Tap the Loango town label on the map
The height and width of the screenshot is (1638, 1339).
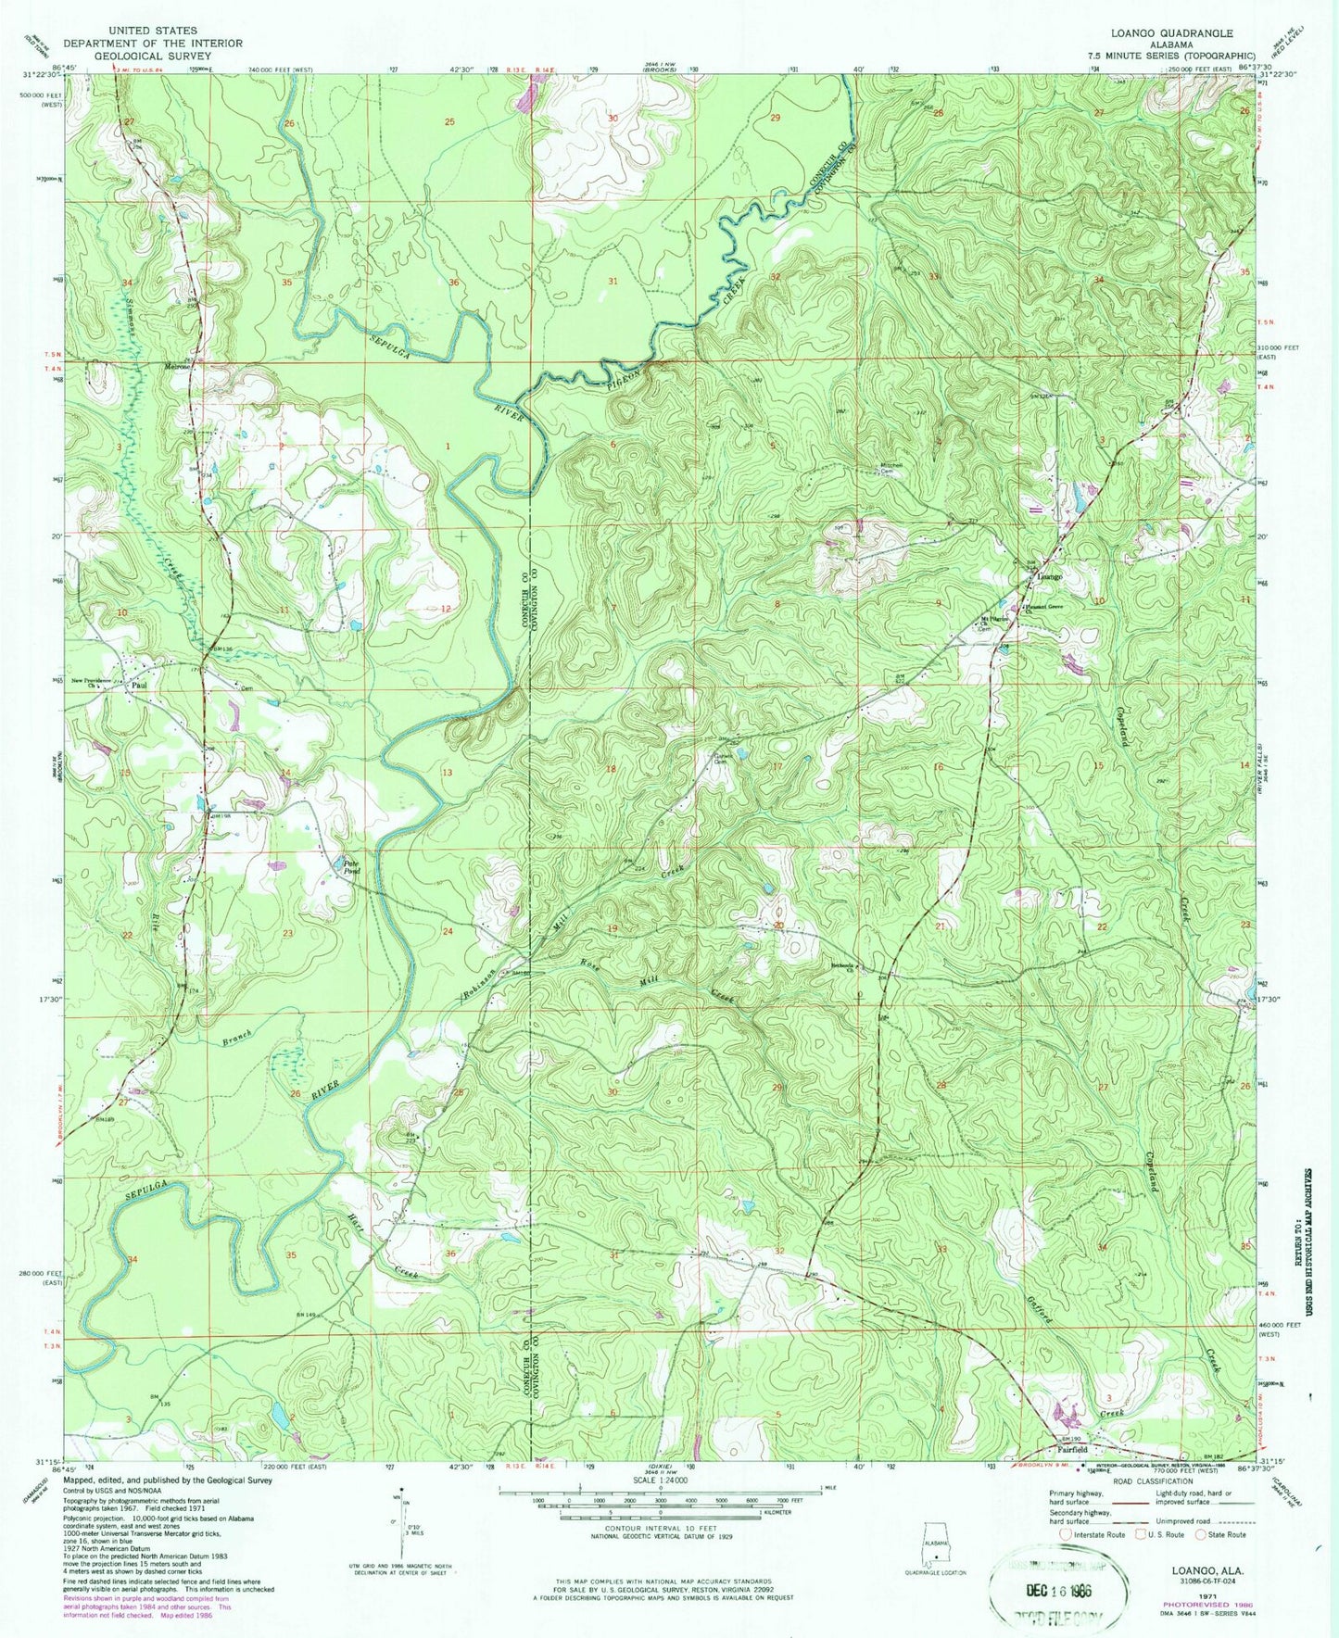(x=1049, y=576)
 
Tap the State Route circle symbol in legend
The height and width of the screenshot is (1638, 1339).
(x=1201, y=1534)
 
